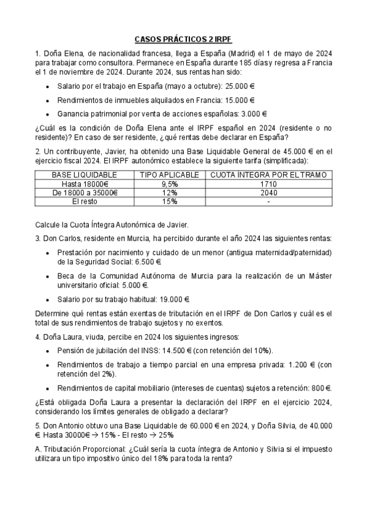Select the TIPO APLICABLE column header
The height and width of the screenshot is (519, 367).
tap(170, 175)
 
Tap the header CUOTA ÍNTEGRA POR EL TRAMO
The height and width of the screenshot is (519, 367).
tap(268, 175)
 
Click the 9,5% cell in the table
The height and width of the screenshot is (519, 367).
tap(170, 184)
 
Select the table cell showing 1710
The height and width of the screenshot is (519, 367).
tap(268, 184)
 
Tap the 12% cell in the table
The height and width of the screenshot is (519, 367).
tap(170, 192)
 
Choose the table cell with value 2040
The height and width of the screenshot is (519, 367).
tap(268, 192)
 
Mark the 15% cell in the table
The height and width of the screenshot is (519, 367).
tap(170, 201)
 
